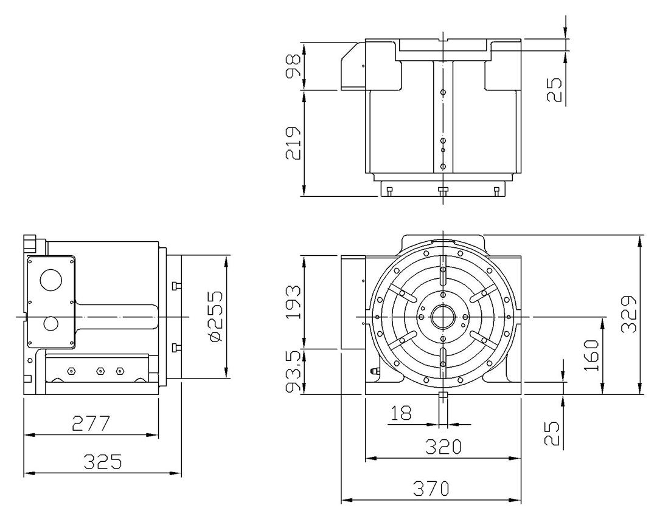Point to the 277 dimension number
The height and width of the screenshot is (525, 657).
tap(91, 424)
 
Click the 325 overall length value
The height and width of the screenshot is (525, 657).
tap(103, 461)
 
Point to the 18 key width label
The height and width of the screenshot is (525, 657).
tap(401, 413)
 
